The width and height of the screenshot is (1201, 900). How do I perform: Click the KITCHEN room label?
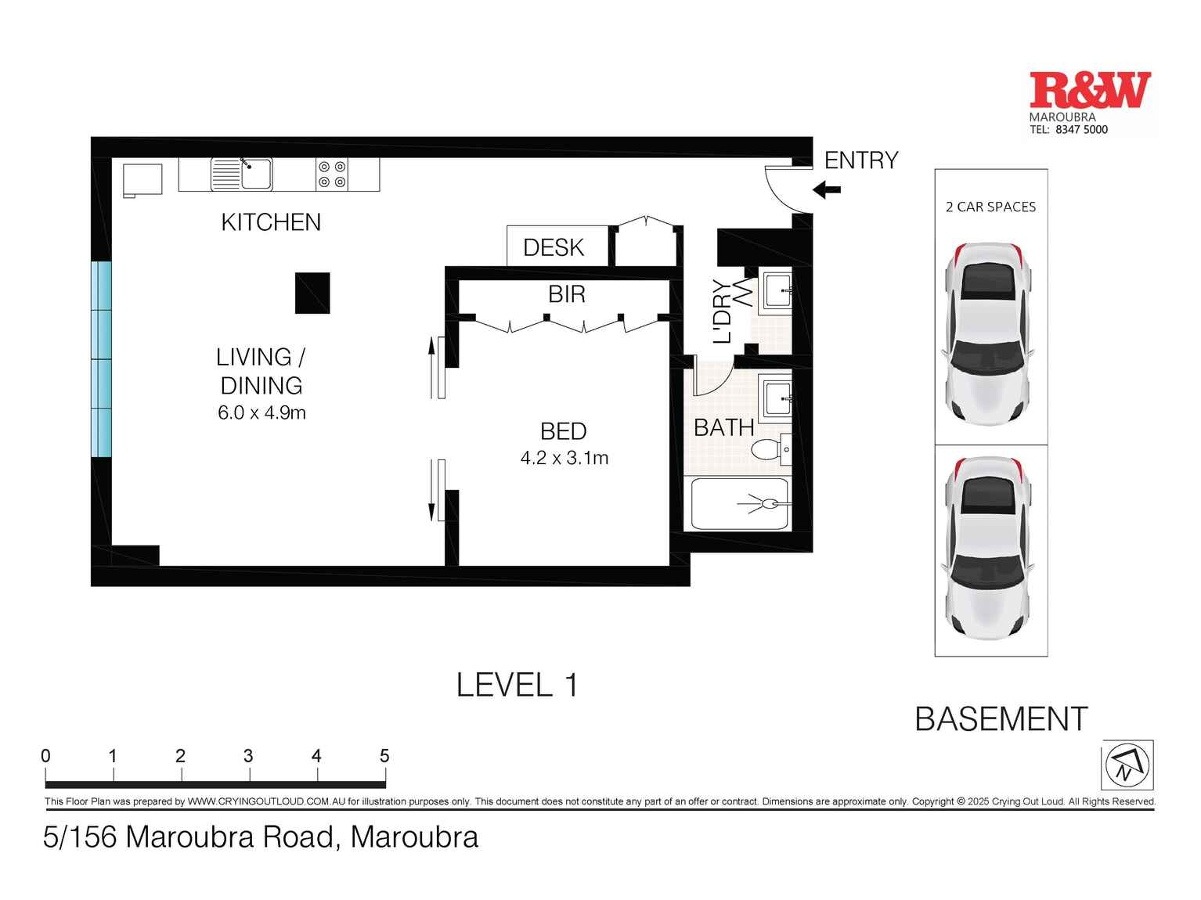271,222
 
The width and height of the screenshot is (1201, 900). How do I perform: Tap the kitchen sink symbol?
242,174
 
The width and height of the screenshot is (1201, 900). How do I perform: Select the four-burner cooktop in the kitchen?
332,174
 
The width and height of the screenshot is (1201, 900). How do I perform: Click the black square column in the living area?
312,293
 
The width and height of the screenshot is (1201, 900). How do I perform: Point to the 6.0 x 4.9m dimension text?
261,412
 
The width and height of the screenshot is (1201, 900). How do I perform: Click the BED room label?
563,431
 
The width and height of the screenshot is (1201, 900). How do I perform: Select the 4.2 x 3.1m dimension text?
564,458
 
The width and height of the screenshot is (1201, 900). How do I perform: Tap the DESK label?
554,247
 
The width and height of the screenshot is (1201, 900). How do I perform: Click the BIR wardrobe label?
566,294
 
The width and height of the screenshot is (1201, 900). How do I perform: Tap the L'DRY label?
722,311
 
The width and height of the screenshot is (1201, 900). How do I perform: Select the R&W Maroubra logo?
1090,102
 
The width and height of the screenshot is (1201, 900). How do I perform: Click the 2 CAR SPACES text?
990,207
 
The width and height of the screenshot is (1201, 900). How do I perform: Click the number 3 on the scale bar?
248,756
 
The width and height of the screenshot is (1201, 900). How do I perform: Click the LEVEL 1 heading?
517,685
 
